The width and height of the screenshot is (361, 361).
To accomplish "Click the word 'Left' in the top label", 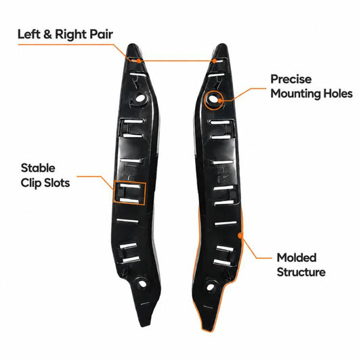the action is point(28,35).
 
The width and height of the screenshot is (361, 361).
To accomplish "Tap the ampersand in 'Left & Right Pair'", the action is point(47,35).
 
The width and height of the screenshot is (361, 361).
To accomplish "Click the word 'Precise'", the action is point(291,79).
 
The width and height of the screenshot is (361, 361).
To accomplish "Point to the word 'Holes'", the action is point(338,93).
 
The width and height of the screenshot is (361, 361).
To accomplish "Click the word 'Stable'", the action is point(38,168).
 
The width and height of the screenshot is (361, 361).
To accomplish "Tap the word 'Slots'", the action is point(57,183).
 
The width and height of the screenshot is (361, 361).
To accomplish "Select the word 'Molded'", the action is point(297,257).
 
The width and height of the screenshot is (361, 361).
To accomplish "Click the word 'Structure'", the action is point(301,272).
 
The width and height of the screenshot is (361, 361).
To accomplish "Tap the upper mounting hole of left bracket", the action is point(140,99).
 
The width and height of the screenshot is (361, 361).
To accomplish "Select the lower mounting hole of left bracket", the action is point(143,284).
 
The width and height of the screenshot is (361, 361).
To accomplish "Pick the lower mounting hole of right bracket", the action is point(210,287).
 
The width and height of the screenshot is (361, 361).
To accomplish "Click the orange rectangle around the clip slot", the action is point(130,182).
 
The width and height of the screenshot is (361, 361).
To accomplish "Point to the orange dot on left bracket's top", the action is point(138,61).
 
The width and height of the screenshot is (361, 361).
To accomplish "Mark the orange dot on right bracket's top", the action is point(215,61).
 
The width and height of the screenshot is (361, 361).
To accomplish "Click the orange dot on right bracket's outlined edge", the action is point(240,236).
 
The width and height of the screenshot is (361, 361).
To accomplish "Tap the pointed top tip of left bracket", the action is point(132,45).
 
